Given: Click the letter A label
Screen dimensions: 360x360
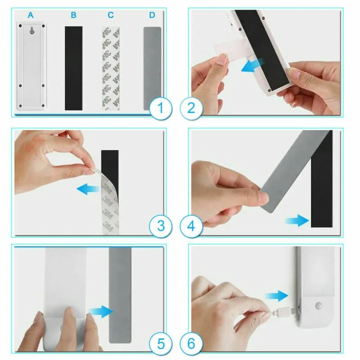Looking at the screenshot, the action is click(x=31, y=15).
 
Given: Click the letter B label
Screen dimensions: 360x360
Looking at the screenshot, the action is click(x=73, y=15).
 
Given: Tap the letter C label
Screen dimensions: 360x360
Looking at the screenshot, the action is click(x=111, y=15).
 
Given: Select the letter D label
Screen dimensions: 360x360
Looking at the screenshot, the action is click(x=152, y=15).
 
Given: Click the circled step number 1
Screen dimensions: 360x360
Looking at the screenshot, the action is click(x=161, y=108).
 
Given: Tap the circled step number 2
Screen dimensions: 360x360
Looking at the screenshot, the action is click(x=191, y=108).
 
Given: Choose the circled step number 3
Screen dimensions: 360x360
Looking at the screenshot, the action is click(x=161, y=226).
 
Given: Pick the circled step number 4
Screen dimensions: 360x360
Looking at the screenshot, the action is click(x=191, y=226).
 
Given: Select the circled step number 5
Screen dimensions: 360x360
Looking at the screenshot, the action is click(x=161, y=344).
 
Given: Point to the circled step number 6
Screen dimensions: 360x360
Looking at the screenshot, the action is click(x=191, y=344).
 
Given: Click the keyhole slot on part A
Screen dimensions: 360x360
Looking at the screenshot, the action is click(x=32, y=31).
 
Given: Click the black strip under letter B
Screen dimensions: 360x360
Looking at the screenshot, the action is click(x=74, y=68).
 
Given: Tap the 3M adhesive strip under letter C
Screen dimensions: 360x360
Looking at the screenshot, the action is click(x=111, y=68).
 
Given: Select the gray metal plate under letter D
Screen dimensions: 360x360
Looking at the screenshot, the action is click(x=152, y=68).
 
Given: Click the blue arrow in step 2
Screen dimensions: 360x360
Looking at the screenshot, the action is click(x=252, y=65).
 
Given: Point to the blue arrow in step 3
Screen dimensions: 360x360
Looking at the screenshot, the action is click(x=88, y=189).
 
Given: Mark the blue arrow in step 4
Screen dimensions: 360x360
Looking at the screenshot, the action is click(x=297, y=220).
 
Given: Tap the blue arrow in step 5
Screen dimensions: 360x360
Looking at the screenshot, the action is click(x=101, y=311).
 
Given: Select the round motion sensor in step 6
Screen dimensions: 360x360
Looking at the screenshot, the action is click(x=318, y=306).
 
